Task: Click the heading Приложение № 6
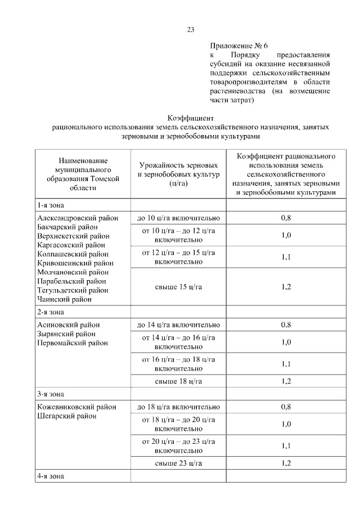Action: [233, 45]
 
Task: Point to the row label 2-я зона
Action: [51, 312]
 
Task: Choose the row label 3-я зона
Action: [51, 394]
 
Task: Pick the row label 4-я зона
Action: [51, 476]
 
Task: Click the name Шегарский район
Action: [66, 416]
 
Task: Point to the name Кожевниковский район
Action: [76, 407]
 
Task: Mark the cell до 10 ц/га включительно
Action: [178, 218]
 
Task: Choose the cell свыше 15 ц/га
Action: [178, 287]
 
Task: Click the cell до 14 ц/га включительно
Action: [178, 325]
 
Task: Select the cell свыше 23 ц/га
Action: [178, 463]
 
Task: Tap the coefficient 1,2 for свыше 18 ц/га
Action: [286, 381]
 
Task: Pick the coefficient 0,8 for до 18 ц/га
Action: [286, 407]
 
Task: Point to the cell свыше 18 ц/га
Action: [178, 381]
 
